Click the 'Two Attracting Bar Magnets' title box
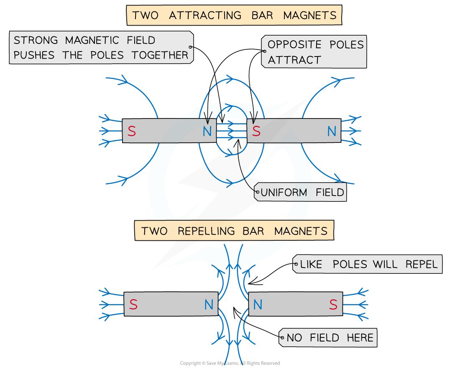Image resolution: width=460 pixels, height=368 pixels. coord(234,15)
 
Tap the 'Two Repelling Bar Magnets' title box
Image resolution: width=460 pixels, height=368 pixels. coord(234,231)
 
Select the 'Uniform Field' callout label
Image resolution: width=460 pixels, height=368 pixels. coord(300,192)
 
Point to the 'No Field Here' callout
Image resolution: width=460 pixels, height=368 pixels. coord(328,338)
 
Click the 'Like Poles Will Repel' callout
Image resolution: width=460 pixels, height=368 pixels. coord(367,264)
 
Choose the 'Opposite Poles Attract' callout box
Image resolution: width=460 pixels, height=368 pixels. coord(314,51)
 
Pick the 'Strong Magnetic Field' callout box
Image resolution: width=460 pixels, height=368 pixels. coord(101,47)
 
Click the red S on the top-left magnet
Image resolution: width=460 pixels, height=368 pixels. coord(132,131)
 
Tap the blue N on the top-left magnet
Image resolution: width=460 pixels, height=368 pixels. coord(207,131)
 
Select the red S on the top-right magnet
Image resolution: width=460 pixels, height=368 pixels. coord(256,131)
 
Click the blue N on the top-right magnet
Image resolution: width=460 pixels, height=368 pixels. coord(332,131)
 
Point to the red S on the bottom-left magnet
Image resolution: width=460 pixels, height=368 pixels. coord(133,304)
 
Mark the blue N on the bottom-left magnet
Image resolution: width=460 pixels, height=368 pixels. coord(209,304)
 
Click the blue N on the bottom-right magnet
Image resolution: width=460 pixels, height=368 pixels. coord(258,304)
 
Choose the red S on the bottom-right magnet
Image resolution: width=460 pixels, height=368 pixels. coord(333,304)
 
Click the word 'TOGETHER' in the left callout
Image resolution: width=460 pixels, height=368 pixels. coord(160,55)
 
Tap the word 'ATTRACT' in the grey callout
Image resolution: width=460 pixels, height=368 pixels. coord(294,60)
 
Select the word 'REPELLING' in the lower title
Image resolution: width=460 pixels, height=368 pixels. coord(206,231)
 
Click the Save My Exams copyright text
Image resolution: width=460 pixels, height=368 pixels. coord(230,363)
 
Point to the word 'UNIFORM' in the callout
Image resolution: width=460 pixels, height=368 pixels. coord(284,192)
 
